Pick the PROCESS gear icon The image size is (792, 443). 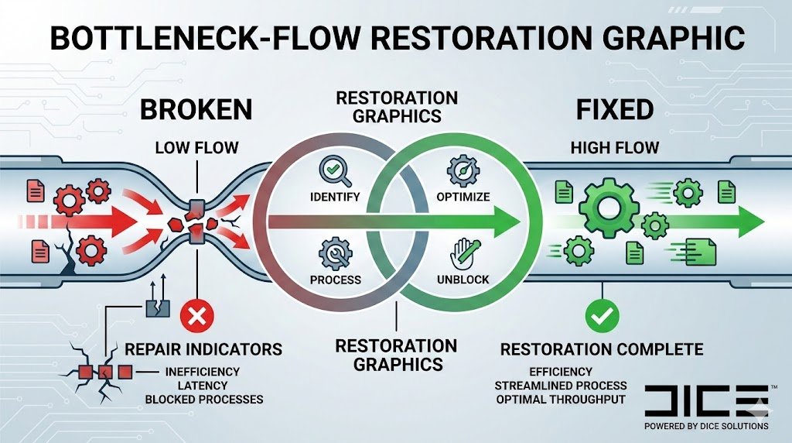(x=334, y=253)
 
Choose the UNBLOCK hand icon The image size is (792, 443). (x=463, y=253)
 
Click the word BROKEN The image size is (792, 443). (x=196, y=110)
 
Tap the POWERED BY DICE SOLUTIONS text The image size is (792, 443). (x=706, y=426)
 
